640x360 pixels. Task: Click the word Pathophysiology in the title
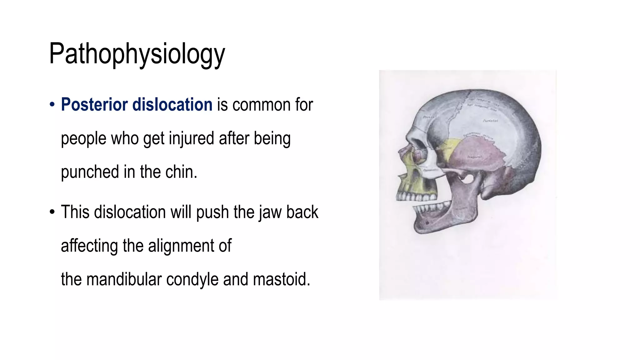137,54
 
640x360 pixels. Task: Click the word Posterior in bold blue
94,104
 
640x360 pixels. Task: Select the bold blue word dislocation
172,104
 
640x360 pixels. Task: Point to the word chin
181,172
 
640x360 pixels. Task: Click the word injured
191,138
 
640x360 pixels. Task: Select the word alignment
181,246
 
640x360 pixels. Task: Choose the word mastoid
281,279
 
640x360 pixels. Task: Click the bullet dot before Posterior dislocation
52,104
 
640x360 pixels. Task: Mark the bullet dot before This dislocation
52,212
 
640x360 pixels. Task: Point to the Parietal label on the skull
491,121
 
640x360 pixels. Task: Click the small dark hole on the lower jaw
427,223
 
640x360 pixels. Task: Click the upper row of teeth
416,197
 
